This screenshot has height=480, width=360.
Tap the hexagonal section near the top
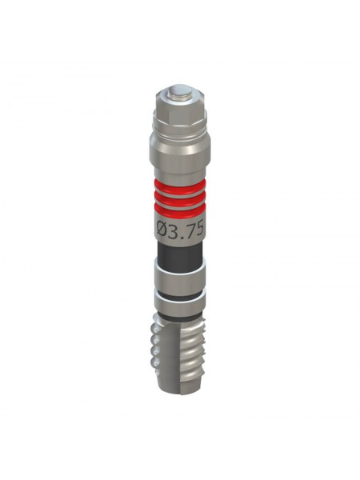[x=180, y=109]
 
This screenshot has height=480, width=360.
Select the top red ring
[x=180, y=186]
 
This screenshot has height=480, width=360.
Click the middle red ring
[x=180, y=198]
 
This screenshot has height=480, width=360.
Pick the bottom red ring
[x=180, y=210]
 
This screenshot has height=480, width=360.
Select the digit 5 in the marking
[x=199, y=229]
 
